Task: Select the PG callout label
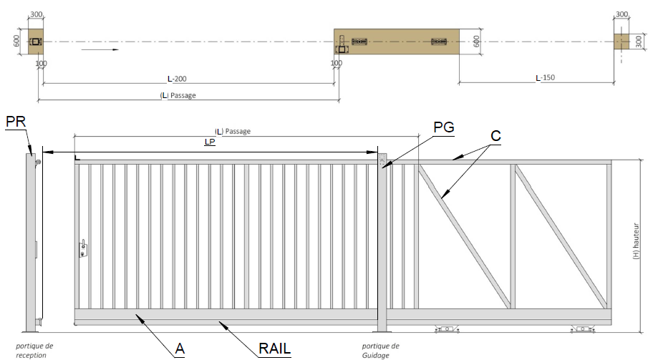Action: (x=444, y=127)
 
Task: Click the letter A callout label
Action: (x=180, y=349)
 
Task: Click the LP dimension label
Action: (x=210, y=142)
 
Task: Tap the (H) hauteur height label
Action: (x=636, y=243)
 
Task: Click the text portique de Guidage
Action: (x=380, y=350)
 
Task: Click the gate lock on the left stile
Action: (x=84, y=248)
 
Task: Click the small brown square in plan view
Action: (x=621, y=42)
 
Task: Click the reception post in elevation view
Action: (x=32, y=240)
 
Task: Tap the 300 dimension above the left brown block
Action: (x=36, y=14)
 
